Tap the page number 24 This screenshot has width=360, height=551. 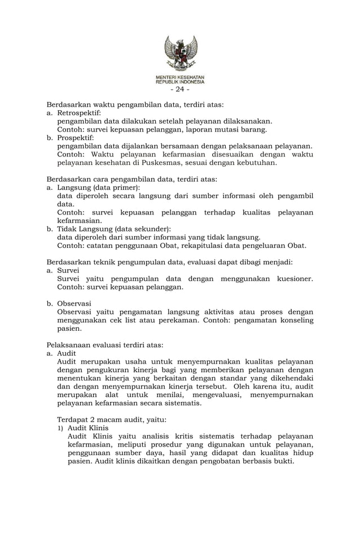point(180,89)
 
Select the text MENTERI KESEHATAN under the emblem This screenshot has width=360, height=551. point(180,76)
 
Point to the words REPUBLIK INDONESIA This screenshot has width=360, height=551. point(180,81)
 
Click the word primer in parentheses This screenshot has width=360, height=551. point(125,187)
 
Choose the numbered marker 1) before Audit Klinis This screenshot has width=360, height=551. point(61,428)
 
